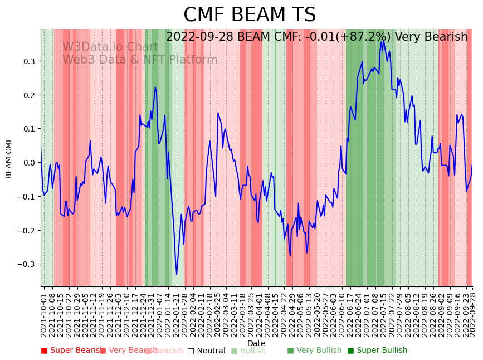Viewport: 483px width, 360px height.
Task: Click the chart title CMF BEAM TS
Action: [250, 15]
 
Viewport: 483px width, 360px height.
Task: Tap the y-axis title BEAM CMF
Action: [9, 158]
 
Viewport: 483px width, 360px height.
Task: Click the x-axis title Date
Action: [256, 343]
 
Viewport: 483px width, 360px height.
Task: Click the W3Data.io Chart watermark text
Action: [110, 47]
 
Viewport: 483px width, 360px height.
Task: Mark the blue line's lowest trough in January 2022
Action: [177, 274]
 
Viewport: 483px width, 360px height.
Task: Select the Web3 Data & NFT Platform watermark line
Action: [140, 60]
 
